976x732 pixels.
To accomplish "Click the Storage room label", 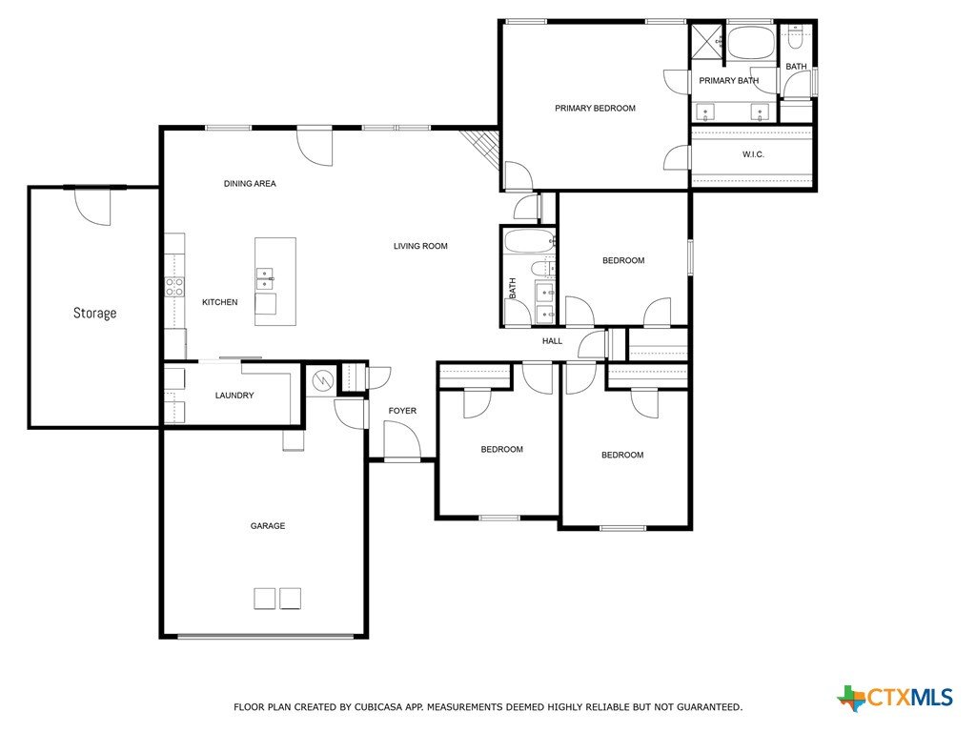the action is coord(94,313).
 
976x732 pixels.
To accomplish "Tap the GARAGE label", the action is coord(268,526).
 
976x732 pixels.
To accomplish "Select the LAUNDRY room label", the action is coord(234,396).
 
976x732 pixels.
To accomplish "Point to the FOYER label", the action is coord(403,411).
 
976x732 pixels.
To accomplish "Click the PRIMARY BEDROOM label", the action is coord(595,109).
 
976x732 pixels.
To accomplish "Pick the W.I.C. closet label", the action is coord(753,154).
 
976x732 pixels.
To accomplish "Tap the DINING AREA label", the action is coord(250,184).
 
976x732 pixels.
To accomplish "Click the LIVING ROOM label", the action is coord(420,246).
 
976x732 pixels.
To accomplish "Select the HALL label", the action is coord(552,341).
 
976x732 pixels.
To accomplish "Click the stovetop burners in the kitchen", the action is coord(174,287).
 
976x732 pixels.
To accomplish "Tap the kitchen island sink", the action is coord(265,278).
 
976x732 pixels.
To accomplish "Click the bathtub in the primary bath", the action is coord(751,42).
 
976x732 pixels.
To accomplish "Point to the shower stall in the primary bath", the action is coord(707,42).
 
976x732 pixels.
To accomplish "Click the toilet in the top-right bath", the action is coord(796,37).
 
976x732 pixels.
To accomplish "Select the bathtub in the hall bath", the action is coord(529,241).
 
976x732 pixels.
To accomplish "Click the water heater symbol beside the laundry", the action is coord(324,379).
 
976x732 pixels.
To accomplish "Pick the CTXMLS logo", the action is coord(895,698).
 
